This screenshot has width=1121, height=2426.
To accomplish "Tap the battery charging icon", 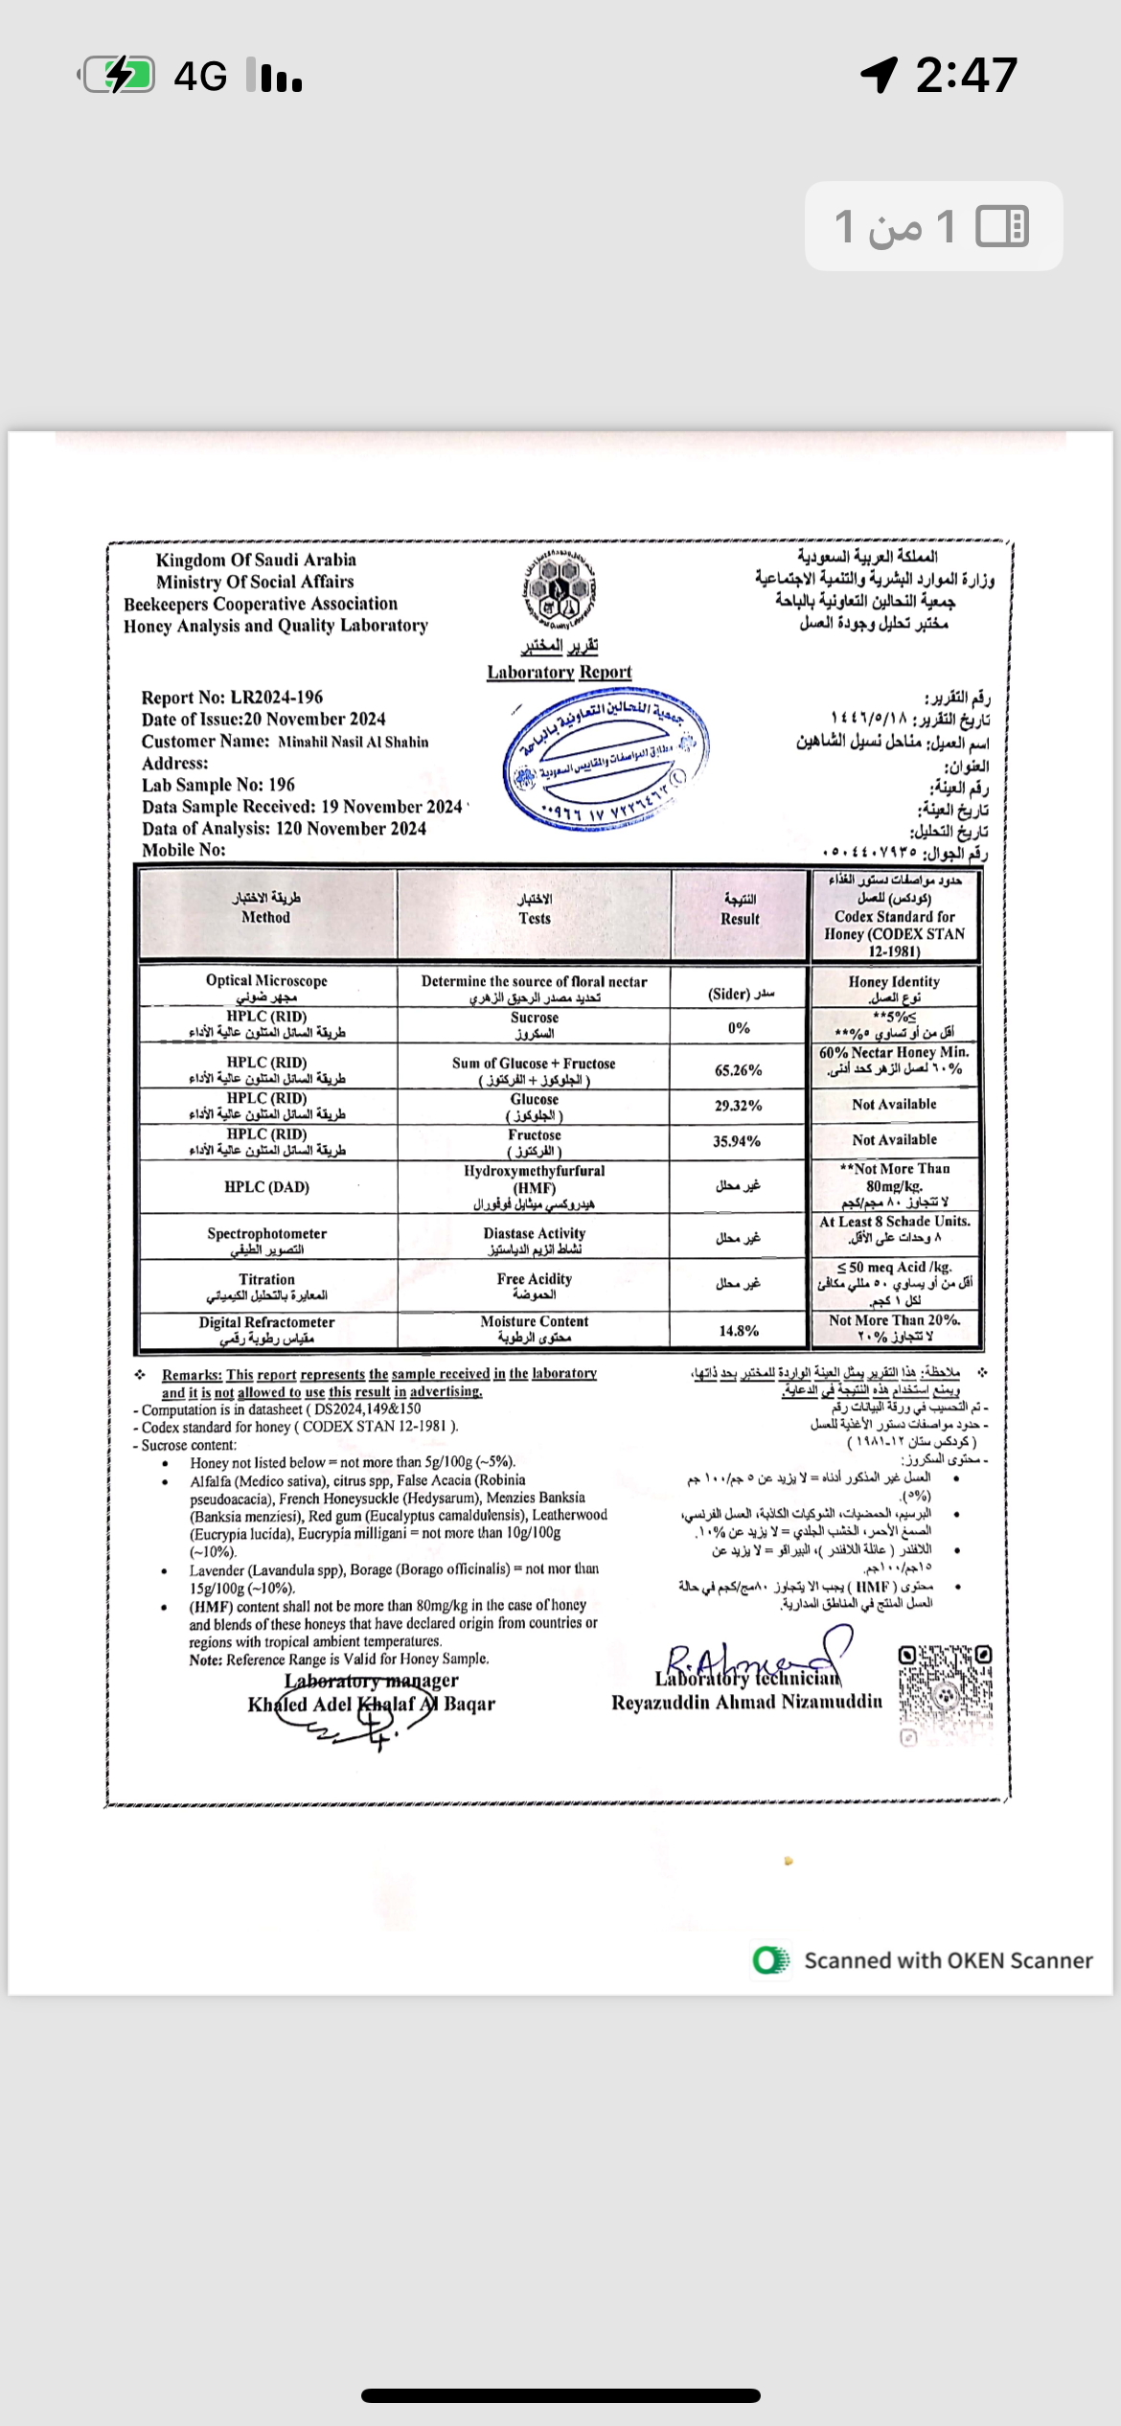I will (118, 75).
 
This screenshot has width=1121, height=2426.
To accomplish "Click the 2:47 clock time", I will (966, 75).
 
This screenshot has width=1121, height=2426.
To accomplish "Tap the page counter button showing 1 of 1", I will (933, 226).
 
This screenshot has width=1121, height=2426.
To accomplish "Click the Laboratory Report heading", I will (560, 673).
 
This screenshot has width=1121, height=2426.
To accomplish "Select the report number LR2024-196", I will (276, 698).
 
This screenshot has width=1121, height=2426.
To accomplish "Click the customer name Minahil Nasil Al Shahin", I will (353, 742).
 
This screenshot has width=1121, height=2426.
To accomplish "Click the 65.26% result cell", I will (739, 1070).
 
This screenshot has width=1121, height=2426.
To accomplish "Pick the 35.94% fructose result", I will (737, 1141).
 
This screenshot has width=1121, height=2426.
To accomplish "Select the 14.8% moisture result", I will (739, 1331).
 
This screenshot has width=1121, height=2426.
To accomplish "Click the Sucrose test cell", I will (535, 1025).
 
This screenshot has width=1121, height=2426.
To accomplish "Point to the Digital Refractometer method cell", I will (266, 1330).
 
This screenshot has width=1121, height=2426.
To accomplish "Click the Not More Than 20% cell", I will (895, 1328).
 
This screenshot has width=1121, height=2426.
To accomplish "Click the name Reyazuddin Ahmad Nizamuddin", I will (747, 1702).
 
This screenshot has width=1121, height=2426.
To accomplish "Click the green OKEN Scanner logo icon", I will (770, 1960).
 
